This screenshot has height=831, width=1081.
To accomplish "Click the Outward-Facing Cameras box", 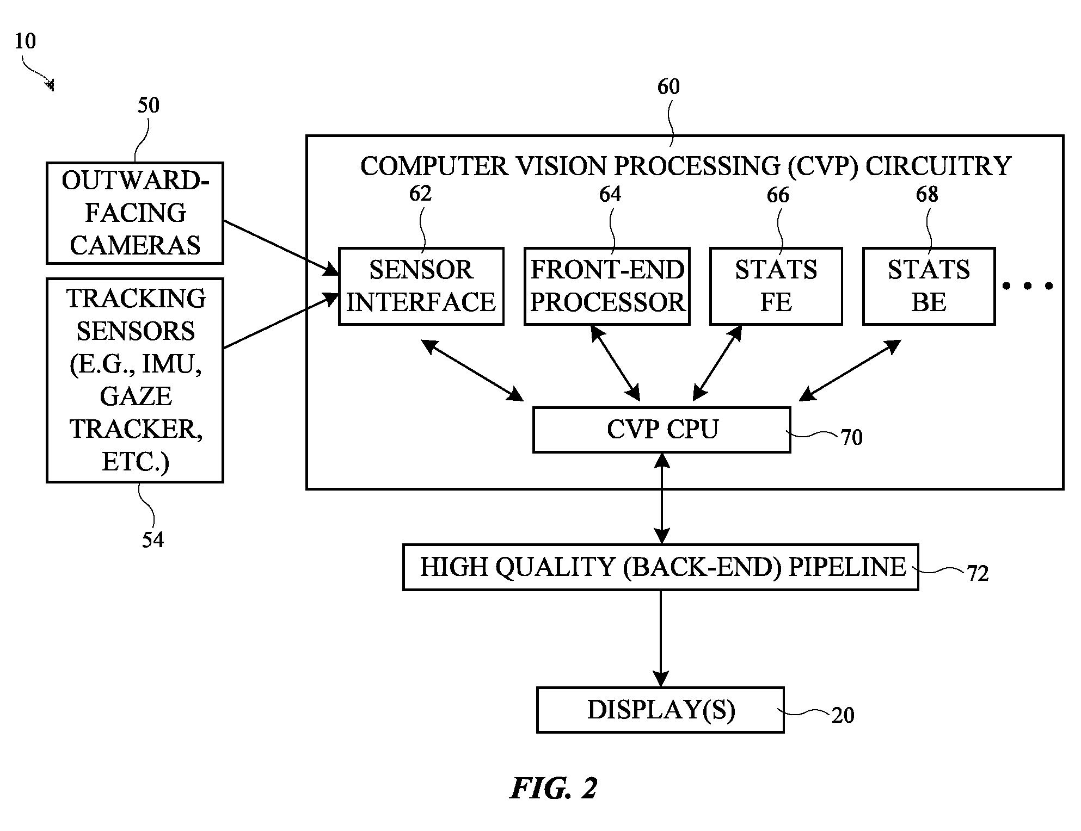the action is pos(135,213).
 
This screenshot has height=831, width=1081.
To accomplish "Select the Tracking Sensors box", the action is pos(135,380).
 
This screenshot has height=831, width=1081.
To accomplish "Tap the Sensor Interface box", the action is pos(421,286).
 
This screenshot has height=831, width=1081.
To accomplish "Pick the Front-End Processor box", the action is pos(607,286).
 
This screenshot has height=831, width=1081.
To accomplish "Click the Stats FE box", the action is pos(776,286).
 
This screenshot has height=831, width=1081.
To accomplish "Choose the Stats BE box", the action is pos(929,286).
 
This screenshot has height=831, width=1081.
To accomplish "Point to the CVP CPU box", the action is pos(662,430).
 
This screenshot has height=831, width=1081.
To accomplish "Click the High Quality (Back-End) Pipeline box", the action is pos(661,567).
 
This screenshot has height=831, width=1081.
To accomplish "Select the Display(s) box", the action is pos(660,710).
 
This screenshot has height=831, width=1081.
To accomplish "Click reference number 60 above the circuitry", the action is pos(668,86).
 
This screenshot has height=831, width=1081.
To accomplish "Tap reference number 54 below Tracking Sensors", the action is pos(153,539).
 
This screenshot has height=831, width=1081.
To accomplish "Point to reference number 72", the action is pos(978,573).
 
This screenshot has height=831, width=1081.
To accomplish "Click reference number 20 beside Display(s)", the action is pos(843,715).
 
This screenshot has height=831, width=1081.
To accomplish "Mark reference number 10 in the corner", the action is pos(25,41).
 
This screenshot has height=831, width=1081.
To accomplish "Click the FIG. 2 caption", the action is pos(554,788).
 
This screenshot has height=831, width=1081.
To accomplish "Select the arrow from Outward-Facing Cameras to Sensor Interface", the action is pos(281,247).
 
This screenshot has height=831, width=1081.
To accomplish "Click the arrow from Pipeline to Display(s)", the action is pos(661,638).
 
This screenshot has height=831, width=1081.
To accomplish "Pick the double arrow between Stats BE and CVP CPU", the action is pos(850,370).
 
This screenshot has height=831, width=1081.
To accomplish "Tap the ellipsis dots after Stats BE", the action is pos(1027,286).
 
